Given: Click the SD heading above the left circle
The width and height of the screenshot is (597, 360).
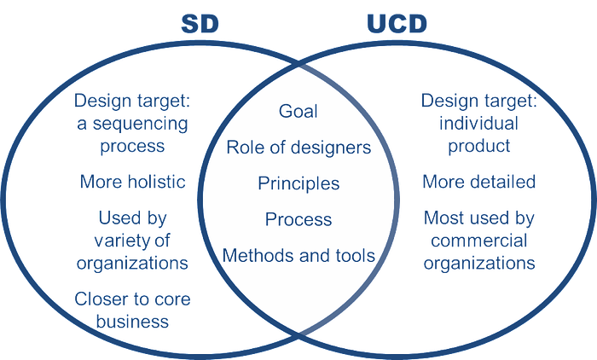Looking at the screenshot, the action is coord(200,24).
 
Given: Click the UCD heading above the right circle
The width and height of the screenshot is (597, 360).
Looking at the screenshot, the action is coord(397,24).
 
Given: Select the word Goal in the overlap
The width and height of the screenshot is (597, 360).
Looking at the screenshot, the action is coord(298,111).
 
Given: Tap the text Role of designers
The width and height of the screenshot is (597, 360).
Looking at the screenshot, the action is coord(298,148).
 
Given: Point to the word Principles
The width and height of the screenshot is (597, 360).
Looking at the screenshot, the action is coord(298,183).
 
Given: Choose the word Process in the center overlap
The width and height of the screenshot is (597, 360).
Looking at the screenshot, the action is coord(298,219).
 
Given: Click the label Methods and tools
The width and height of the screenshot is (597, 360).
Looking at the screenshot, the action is coord(298,255).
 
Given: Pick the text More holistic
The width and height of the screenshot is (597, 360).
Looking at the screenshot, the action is coord(132,182).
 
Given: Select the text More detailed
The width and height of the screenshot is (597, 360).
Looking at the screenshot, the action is coord(479,182).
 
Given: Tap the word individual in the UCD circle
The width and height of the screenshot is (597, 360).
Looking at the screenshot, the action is coord(479,124).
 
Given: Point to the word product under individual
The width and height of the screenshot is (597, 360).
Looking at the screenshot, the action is coord(479,147).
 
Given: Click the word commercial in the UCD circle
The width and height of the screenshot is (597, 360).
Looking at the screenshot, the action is coord(479,241).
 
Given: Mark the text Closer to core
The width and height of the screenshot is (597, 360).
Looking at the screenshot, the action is coord(132,299).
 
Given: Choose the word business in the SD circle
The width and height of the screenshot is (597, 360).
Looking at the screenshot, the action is coord(132,321).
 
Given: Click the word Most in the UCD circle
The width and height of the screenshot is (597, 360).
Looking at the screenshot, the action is coord(443,218).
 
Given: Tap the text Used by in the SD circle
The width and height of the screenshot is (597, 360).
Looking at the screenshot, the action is coord(132,218).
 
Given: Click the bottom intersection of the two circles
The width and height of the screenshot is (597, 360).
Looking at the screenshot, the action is coord(298,335).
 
